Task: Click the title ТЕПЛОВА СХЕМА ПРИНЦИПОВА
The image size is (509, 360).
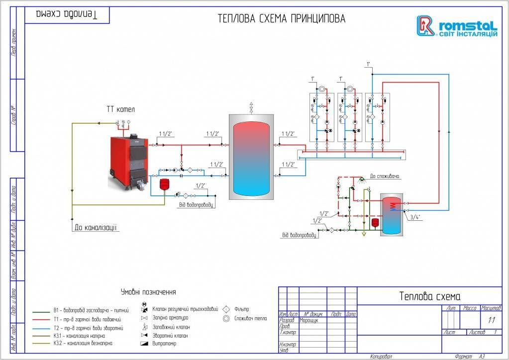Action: click(282, 19)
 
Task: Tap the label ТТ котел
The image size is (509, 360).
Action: click(121, 108)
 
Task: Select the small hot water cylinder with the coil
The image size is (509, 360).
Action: click(391, 214)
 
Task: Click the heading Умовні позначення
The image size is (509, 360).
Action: click(148, 292)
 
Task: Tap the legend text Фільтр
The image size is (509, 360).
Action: click(241, 309)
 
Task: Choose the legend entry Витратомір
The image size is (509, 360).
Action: click(166, 344)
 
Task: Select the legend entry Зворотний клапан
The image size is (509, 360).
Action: click(171, 336)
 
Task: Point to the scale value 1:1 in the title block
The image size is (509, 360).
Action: click(492, 320)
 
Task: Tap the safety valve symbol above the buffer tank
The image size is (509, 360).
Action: click(251, 107)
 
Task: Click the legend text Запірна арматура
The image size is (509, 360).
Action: click(171, 318)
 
